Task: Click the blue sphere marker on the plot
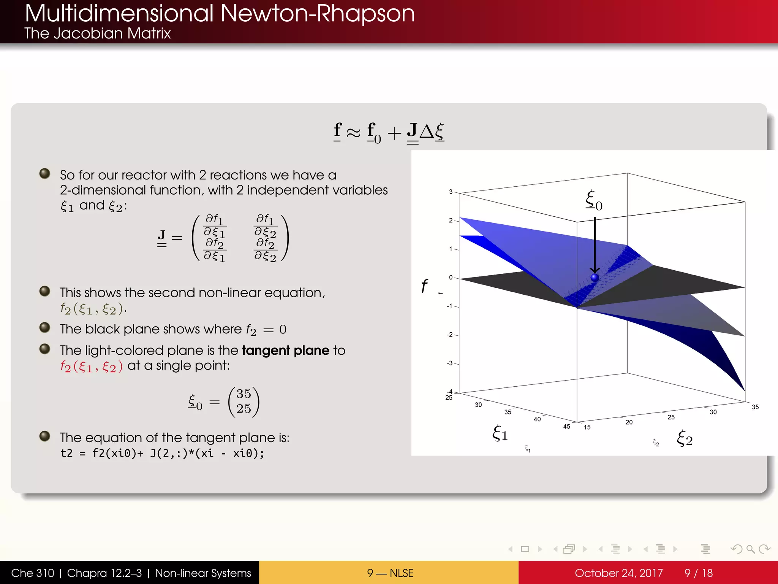pyautogui.click(x=595, y=278)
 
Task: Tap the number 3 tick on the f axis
pyautogui.click(x=451, y=192)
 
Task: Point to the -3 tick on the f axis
pyautogui.click(x=450, y=363)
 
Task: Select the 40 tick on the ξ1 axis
pyautogui.click(x=537, y=419)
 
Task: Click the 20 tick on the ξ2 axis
pyautogui.click(x=629, y=422)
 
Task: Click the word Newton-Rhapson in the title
pyautogui.click(x=317, y=14)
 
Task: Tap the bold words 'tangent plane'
pyautogui.click(x=286, y=350)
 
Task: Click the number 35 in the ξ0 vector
pyautogui.click(x=244, y=394)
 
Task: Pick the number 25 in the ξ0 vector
pyautogui.click(x=244, y=409)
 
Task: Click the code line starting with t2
pyautogui.click(x=162, y=453)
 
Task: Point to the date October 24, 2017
pyautogui.click(x=618, y=573)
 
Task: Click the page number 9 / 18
pyautogui.click(x=698, y=573)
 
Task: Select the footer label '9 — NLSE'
pyautogui.click(x=390, y=573)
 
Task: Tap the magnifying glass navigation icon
pyautogui.click(x=750, y=549)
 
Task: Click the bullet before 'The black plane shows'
pyautogui.click(x=45, y=327)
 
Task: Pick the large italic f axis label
pyautogui.click(x=424, y=286)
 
